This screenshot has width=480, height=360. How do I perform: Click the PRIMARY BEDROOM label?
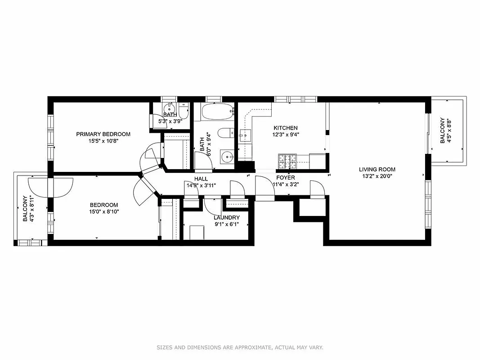coord(103,134)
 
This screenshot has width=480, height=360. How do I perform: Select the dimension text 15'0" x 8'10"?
coord(103,211)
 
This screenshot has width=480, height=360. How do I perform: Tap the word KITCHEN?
coord(285,128)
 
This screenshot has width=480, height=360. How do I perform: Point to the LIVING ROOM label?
coord(377,170)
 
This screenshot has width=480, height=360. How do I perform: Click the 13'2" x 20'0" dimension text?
coord(377,176)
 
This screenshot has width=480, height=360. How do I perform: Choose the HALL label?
coord(201,179)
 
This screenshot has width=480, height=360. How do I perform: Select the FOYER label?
coord(285,178)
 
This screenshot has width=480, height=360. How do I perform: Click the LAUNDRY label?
coord(226,218)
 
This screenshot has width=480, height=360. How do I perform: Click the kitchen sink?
coord(245,135)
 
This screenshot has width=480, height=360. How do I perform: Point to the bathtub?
coord(218,111)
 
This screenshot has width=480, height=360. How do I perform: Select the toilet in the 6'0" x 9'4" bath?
coord(224,132)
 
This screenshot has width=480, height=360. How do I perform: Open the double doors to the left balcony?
coord(50,187)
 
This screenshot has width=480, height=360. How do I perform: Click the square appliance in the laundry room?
coord(197,233)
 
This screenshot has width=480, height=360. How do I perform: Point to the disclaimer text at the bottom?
coord(240,347)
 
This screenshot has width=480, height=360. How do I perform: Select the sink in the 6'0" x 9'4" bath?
coord(227,158)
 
